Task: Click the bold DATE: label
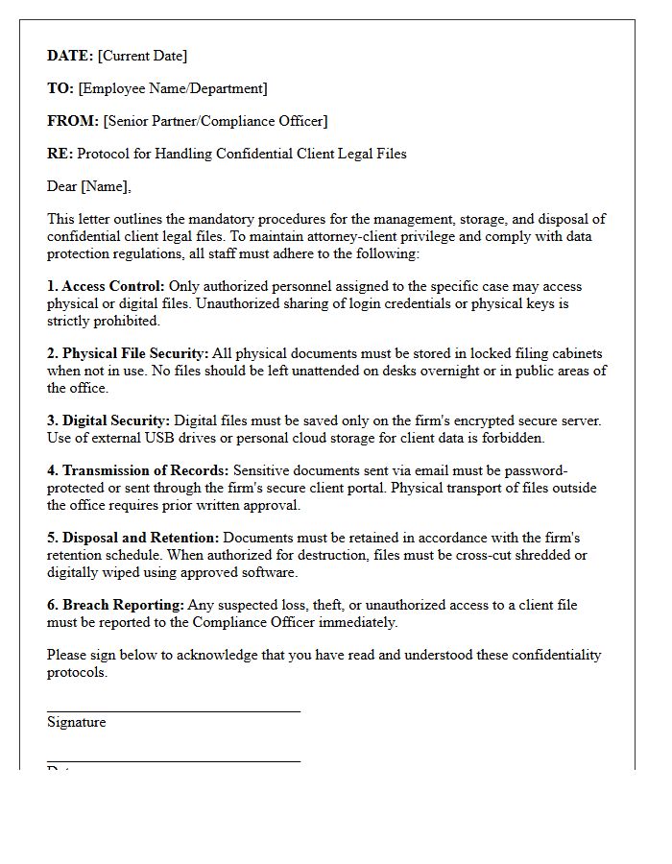tap(70, 56)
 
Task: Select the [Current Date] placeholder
tap(143, 56)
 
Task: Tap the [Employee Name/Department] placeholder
tap(173, 88)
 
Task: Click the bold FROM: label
tap(73, 121)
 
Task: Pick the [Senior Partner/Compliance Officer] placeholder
tap(215, 121)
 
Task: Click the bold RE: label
tap(60, 154)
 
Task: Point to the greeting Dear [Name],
tap(89, 186)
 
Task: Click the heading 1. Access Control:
tap(106, 286)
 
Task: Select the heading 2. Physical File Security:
tap(128, 353)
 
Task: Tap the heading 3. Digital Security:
tap(108, 420)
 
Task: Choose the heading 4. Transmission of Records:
tap(138, 470)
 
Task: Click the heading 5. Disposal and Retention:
tap(133, 538)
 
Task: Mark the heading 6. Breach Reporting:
tap(115, 605)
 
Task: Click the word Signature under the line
tap(77, 722)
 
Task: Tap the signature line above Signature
tap(173, 711)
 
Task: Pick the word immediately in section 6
tap(355, 622)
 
